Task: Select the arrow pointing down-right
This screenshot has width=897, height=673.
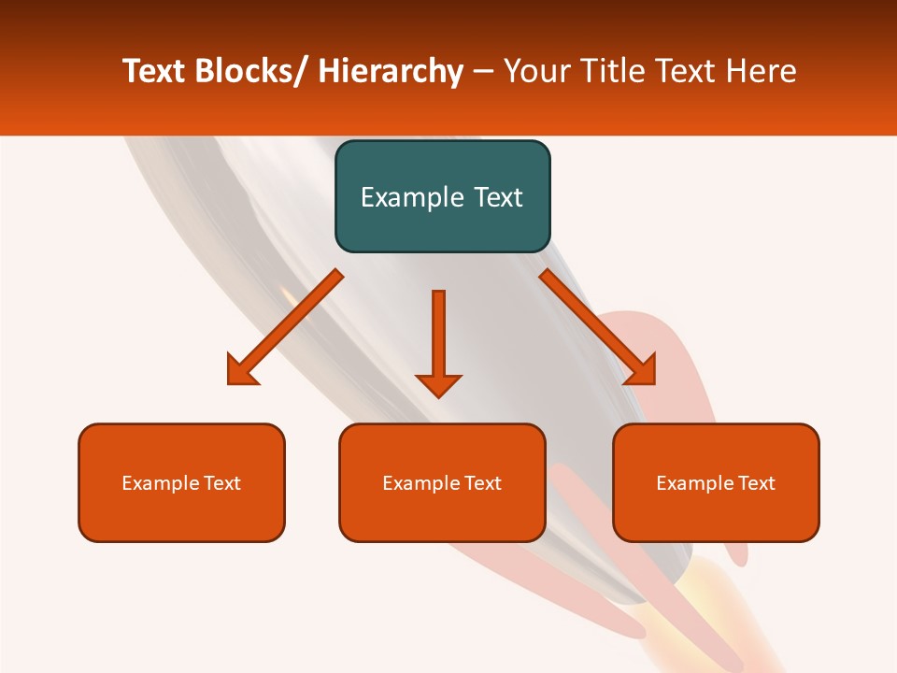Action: pos(598,328)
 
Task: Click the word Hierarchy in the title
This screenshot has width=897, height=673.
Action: pos(391,72)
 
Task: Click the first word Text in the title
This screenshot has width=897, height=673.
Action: pos(155,72)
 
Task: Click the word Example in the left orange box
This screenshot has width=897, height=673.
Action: pos(160,483)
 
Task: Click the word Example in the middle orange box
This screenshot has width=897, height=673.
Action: pos(420,483)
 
